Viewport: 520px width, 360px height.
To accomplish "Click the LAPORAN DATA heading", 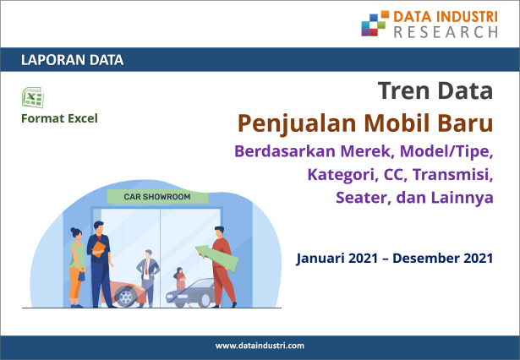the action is pos(73,60).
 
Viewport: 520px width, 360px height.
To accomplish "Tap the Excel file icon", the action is pos(33,97).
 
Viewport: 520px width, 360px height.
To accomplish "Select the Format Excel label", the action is pos(59,118).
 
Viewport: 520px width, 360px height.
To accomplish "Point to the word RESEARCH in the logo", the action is pos(446,32).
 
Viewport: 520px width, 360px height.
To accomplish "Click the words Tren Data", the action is pos(435,90).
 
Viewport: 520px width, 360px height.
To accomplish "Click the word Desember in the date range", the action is pos(426,259).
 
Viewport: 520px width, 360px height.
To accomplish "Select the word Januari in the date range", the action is pos(320,259).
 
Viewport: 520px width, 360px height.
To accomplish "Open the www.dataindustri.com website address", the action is pos(260,346).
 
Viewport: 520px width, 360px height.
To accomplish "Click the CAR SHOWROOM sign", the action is pos(157,197).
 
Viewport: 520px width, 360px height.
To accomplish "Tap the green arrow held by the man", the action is pos(217,257).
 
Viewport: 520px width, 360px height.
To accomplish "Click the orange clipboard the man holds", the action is pos(99,249).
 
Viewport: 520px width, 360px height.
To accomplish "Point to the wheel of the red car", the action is pos(125,297).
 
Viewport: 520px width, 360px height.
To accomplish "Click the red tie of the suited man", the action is pos(146,268).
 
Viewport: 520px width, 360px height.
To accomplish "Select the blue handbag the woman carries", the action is pos(81,275).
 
